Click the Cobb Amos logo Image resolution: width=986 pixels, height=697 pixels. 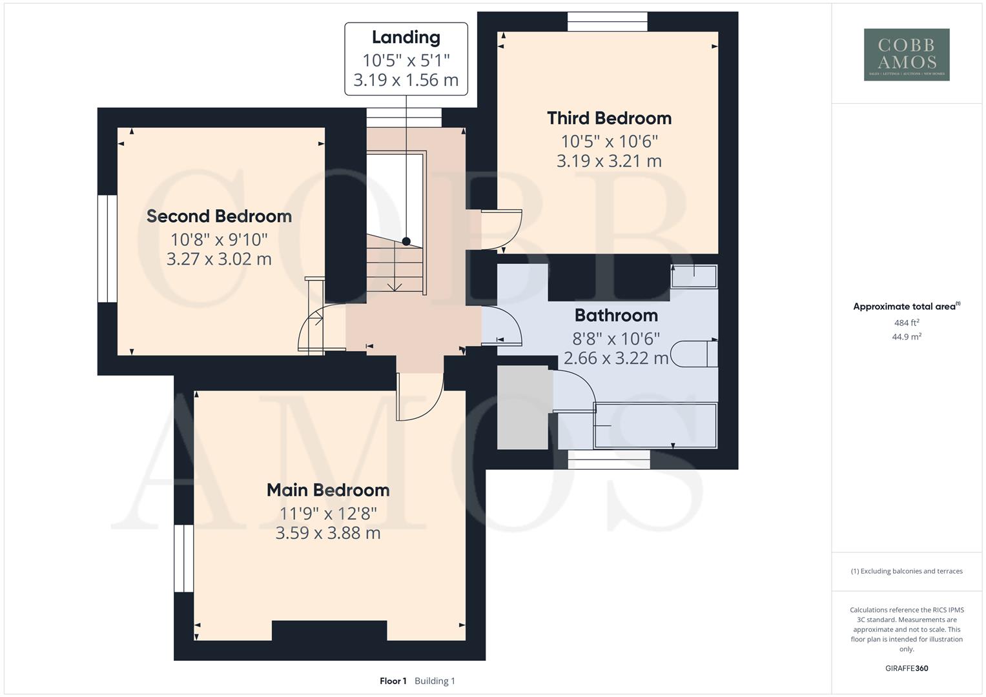point(907,54)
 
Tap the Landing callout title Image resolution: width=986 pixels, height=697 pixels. point(406,37)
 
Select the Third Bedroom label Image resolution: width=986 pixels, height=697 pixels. point(609,118)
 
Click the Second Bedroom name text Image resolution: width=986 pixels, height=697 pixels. point(219,216)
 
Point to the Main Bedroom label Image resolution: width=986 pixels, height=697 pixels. point(328,490)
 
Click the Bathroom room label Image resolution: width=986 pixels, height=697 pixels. point(616,315)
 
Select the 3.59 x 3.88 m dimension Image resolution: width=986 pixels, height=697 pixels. point(328,533)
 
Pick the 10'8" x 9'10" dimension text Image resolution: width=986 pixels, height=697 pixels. point(219,239)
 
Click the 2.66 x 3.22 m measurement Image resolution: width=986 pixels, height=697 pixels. point(616,358)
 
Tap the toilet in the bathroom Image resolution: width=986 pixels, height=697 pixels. point(694,354)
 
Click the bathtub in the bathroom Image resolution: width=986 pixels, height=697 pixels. point(655,425)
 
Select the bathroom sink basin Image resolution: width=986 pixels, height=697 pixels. point(693,276)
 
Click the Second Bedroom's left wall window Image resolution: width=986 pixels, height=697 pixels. point(107,248)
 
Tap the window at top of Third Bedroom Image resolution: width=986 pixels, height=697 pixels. point(607,21)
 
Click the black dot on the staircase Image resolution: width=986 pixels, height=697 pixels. point(406,241)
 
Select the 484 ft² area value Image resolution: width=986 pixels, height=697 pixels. point(906,323)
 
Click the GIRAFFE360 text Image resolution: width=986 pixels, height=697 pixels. point(906,668)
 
